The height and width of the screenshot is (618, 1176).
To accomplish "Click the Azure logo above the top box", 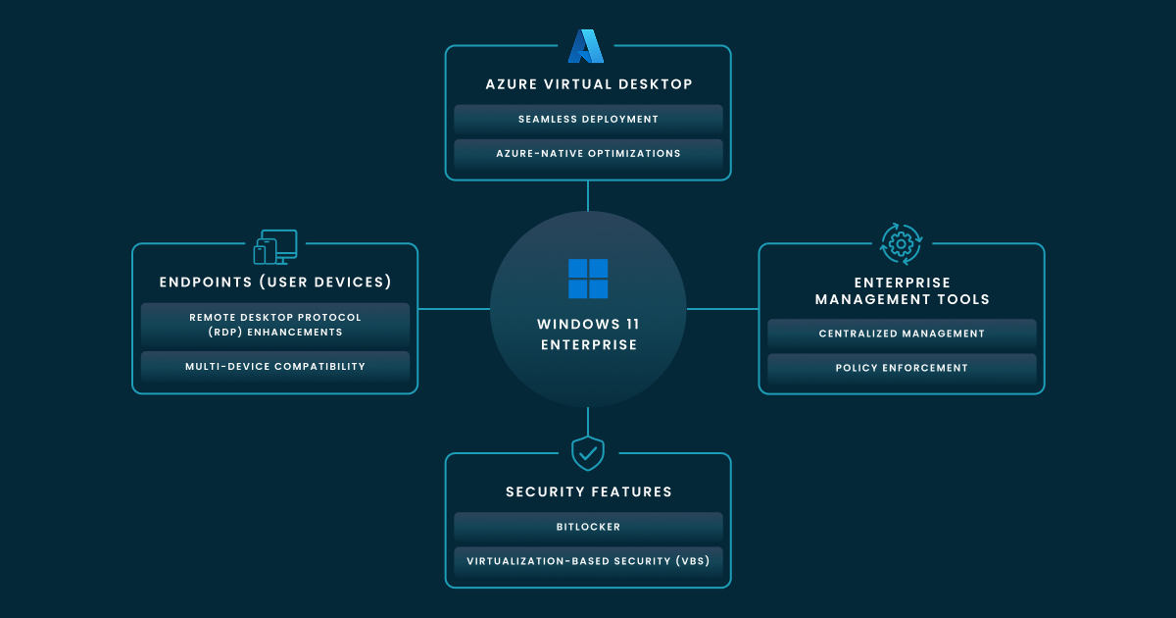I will pyautogui.click(x=586, y=46).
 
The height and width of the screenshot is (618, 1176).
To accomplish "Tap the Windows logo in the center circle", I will pyautogui.click(x=588, y=279).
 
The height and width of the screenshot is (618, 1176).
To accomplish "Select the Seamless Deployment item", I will pyautogui.click(x=588, y=120).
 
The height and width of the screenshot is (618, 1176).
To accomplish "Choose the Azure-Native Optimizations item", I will pyautogui.click(x=588, y=154).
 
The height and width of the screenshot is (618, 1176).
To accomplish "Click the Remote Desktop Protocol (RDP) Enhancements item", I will pyautogui.click(x=274, y=325).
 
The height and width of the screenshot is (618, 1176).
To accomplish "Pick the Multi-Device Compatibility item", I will pyautogui.click(x=274, y=367).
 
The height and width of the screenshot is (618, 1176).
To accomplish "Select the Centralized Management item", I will pyautogui.click(x=902, y=335).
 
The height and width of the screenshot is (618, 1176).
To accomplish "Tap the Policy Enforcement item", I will pyautogui.click(x=902, y=369).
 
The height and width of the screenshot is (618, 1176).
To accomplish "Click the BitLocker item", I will pyautogui.click(x=588, y=528).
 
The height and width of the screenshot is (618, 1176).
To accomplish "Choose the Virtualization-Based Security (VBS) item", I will pyautogui.click(x=588, y=562).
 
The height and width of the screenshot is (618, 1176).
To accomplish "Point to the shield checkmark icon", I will pyautogui.click(x=588, y=453).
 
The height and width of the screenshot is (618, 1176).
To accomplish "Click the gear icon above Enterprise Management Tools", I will pyautogui.click(x=902, y=243).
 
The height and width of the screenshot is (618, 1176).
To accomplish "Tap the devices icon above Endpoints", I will pyautogui.click(x=275, y=247).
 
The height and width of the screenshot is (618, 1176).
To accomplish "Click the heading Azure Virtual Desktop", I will pyautogui.click(x=588, y=84).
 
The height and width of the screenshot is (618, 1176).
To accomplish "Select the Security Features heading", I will pyautogui.click(x=588, y=492).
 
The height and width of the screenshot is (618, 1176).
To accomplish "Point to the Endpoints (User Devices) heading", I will pyautogui.click(x=275, y=283).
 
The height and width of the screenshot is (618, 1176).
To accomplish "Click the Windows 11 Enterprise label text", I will pyautogui.click(x=588, y=335).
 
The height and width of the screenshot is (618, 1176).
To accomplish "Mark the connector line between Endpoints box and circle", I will pyautogui.click(x=454, y=309).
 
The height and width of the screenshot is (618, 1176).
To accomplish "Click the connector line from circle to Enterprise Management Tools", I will pyautogui.click(x=722, y=309).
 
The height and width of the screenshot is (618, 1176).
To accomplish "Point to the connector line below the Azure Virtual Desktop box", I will pyautogui.click(x=588, y=196).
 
